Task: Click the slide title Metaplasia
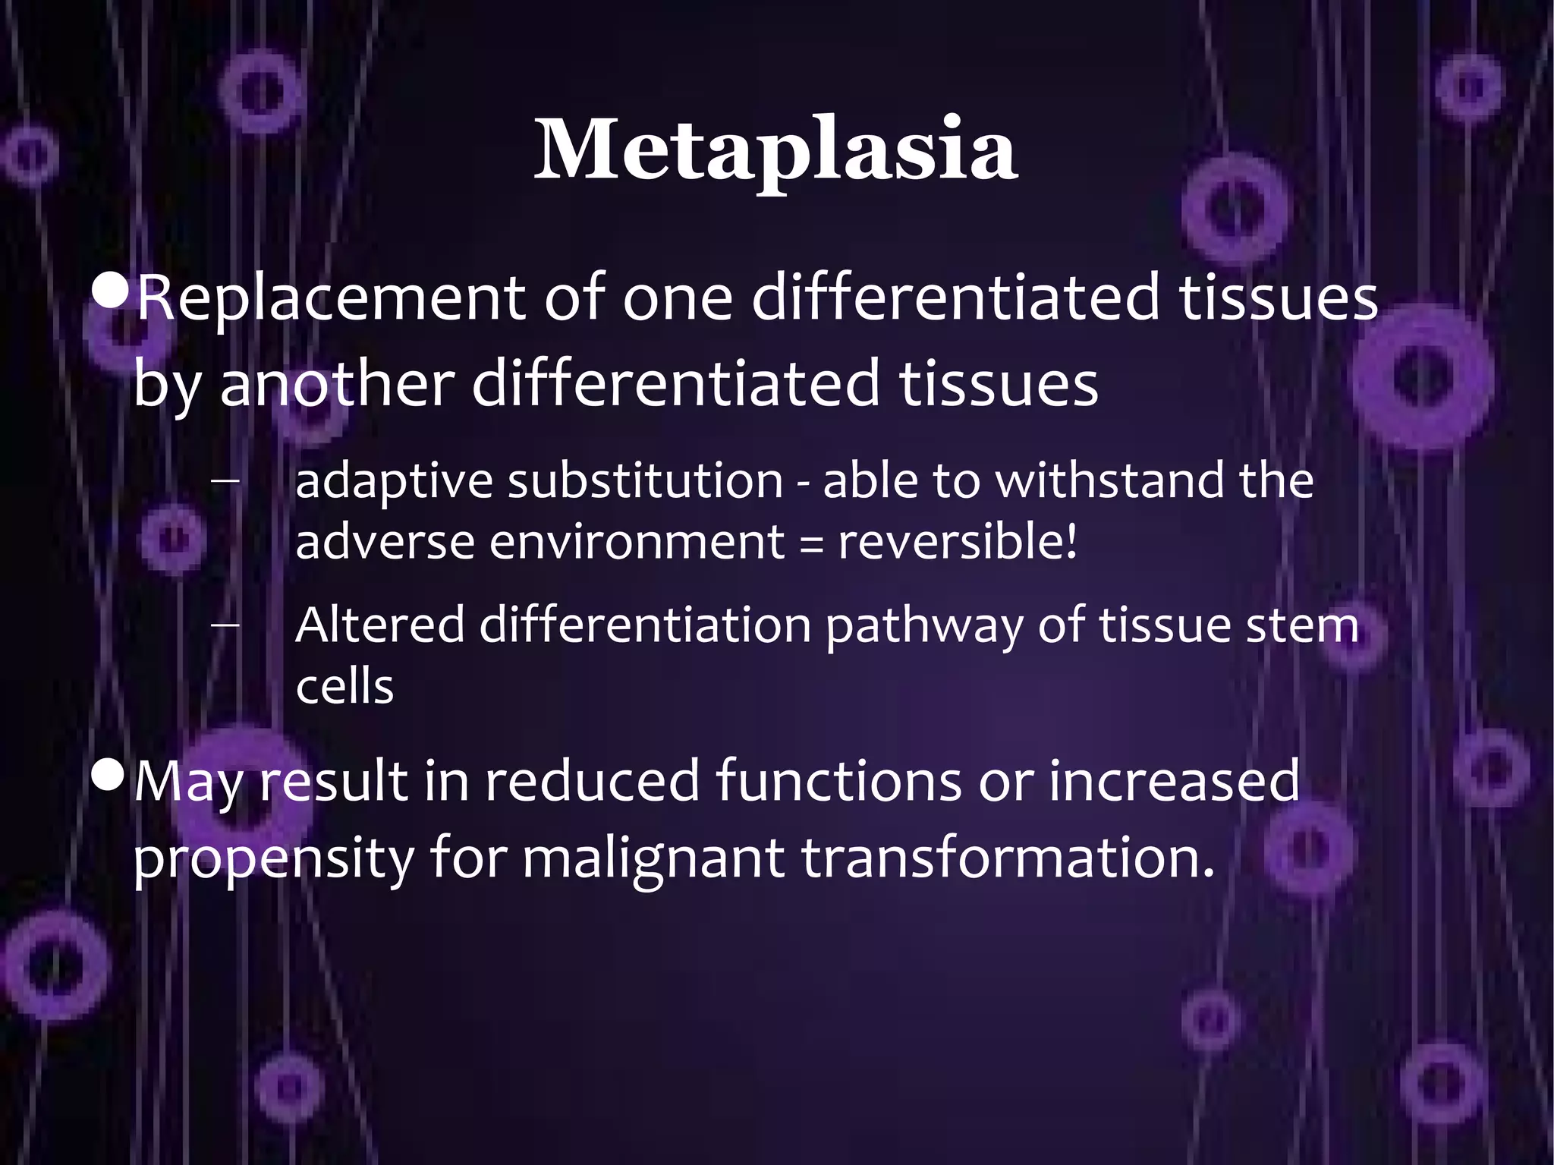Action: [x=775, y=150]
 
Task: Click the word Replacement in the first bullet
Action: [x=331, y=298]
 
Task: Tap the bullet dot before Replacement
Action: [x=110, y=291]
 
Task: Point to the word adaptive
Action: [x=393, y=483]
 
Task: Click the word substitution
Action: [x=645, y=481]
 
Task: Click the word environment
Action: [x=637, y=542]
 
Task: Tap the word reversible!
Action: [x=957, y=542]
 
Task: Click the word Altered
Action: [x=379, y=625]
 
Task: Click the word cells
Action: [x=344, y=687]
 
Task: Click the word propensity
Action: [x=274, y=860]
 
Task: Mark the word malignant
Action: [x=653, y=860]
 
